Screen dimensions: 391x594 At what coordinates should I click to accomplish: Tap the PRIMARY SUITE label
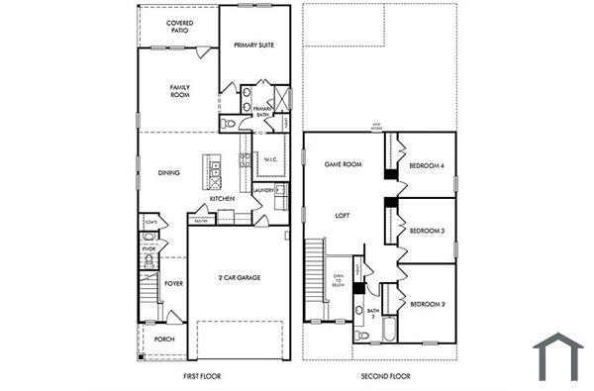[253, 46]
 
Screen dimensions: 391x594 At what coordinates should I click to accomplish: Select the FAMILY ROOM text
[179, 91]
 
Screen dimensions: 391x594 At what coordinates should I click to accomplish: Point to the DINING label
[169, 173]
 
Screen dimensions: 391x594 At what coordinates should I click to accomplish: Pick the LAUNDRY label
[262, 190]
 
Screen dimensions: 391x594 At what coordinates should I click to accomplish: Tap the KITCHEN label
[222, 199]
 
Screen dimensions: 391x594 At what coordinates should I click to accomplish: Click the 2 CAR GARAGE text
[239, 278]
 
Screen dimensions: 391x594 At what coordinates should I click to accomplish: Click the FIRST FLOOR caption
[201, 376]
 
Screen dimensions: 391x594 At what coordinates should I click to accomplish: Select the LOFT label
[343, 215]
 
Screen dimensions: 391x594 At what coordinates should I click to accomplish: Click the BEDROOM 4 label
[427, 165]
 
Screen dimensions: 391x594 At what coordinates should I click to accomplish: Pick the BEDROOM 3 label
[427, 232]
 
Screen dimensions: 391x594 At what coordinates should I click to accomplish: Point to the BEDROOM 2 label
[427, 303]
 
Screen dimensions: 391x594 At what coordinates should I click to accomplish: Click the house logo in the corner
[557, 356]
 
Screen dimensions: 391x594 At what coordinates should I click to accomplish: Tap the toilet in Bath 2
[362, 337]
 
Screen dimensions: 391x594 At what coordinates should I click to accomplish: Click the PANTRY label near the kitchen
[200, 221]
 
